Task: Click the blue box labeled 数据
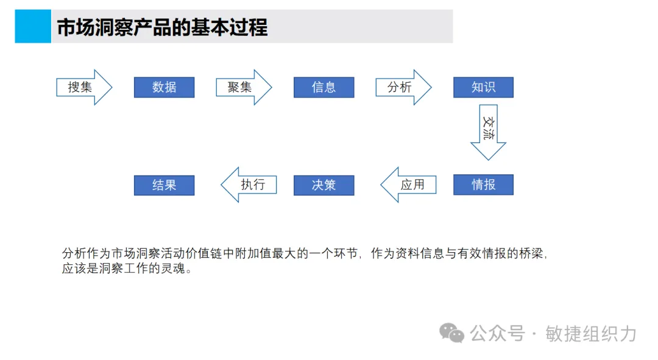point(164,87)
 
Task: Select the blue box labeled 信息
point(324,87)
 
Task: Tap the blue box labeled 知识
point(483,87)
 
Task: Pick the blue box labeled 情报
point(483,185)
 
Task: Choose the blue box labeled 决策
point(324,185)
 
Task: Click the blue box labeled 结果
point(164,185)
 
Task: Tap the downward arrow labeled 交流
point(488,131)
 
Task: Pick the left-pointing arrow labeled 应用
point(409,185)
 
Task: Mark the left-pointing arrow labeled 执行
point(249,185)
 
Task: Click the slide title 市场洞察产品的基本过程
point(162,27)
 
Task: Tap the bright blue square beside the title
point(33,26)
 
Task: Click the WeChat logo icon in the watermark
point(453,333)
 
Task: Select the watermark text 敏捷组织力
point(591,333)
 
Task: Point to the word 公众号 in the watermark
point(497,333)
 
